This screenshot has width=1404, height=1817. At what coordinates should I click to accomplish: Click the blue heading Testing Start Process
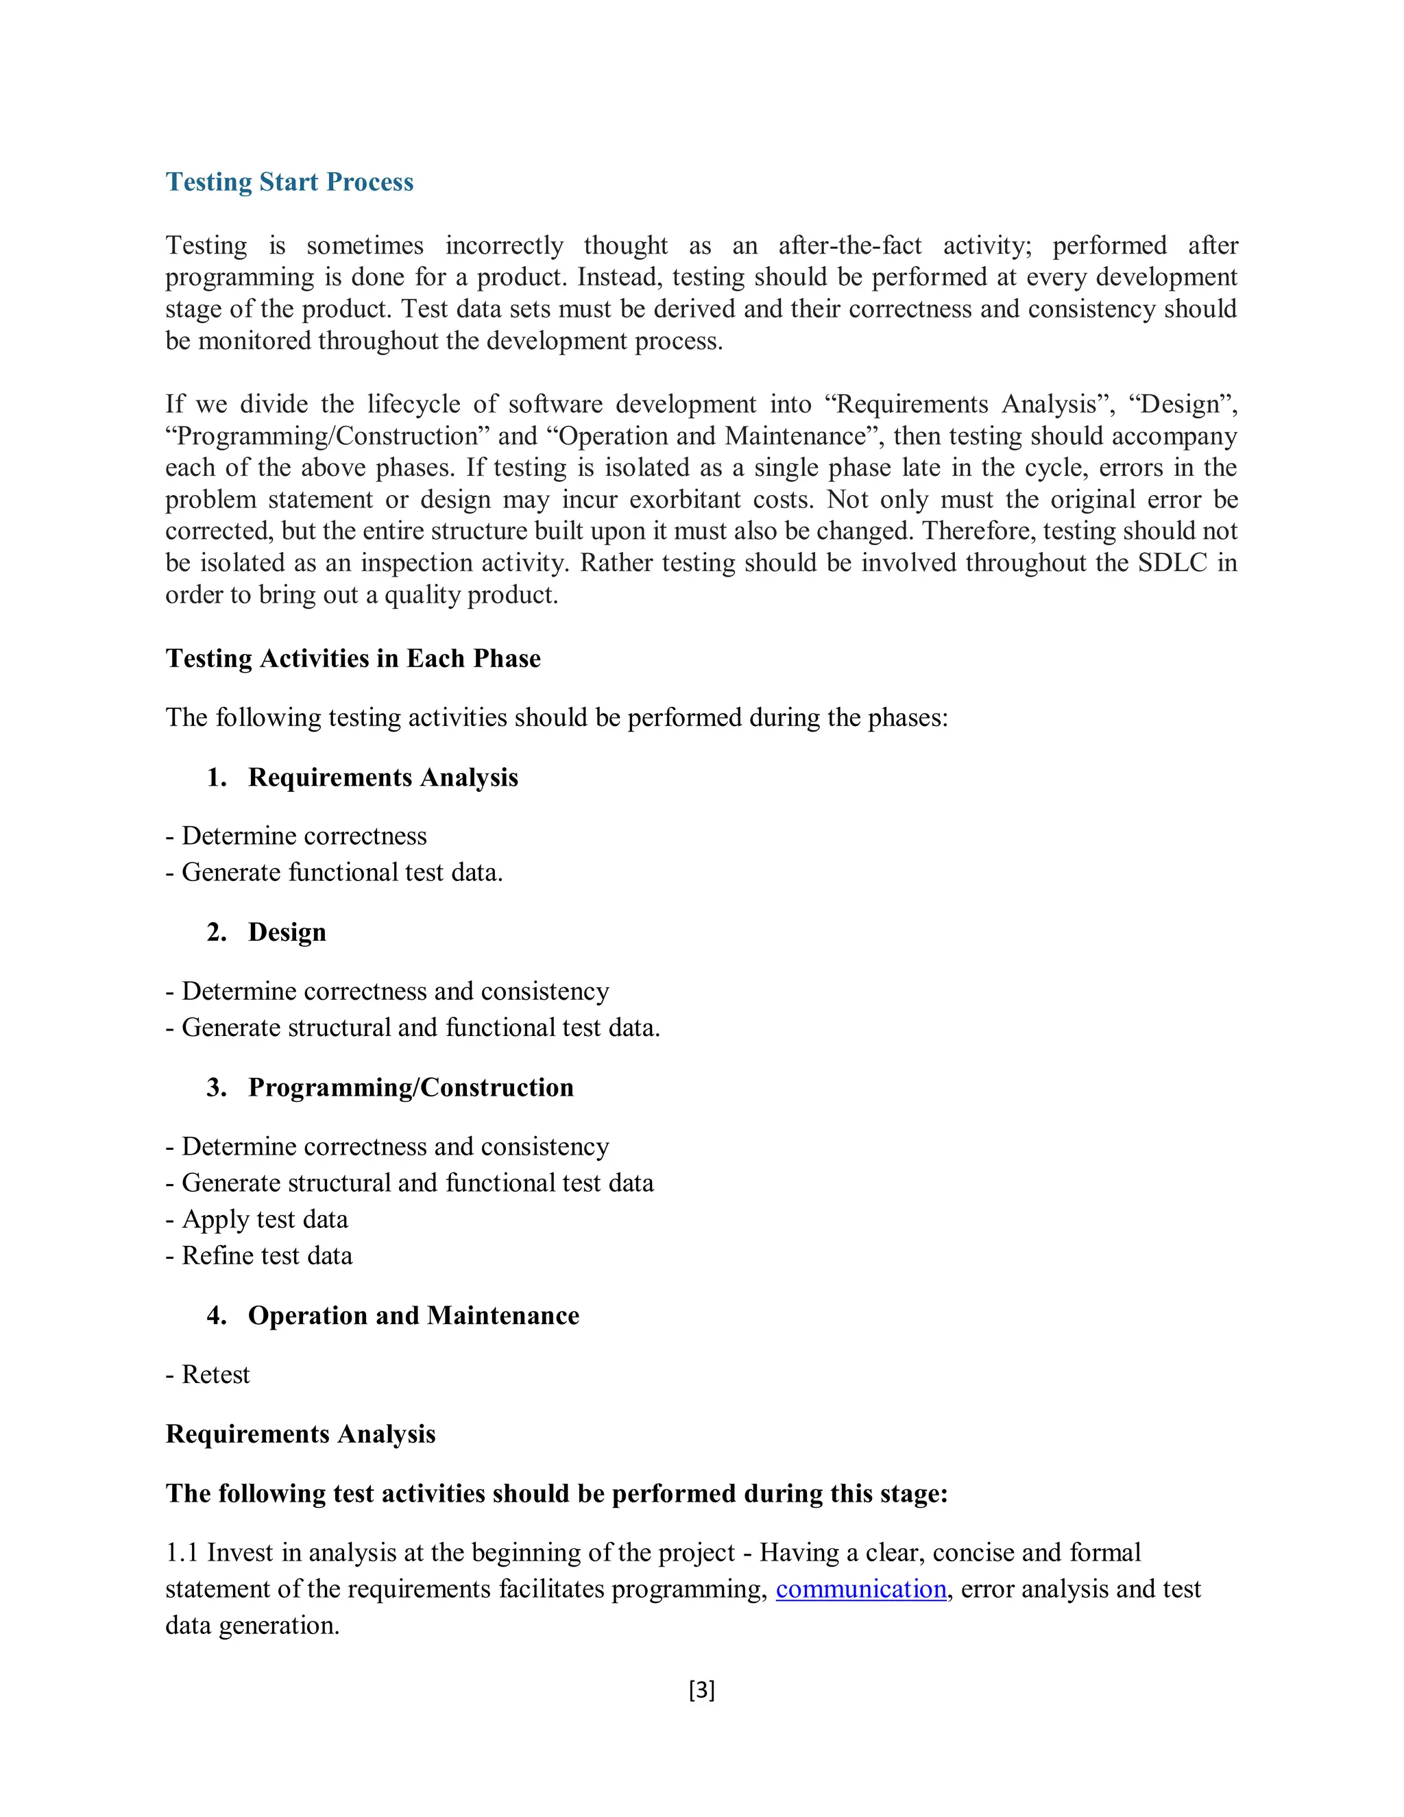[x=289, y=182]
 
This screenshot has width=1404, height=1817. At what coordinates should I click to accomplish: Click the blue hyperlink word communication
[x=861, y=1589]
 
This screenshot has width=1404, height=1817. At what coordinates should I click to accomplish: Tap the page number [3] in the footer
[x=701, y=1689]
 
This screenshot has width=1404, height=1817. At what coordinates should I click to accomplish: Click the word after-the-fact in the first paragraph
[x=849, y=245]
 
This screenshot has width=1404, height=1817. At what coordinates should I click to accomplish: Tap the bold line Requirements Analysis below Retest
[x=300, y=1434]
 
